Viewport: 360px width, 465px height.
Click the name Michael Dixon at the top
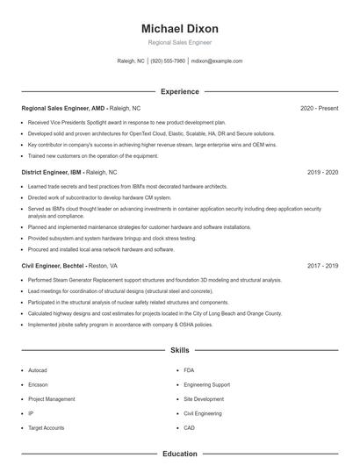click(180, 29)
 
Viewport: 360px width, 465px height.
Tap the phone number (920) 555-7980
click(168, 61)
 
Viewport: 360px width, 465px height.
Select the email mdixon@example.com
click(217, 61)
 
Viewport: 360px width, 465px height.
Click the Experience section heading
click(180, 91)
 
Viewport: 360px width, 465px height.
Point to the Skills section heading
click(180, 349)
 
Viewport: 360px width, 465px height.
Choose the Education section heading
click(180, 454)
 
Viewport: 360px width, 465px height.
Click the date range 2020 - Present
click(319, 108)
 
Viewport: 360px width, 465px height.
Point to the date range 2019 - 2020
click(322, 173)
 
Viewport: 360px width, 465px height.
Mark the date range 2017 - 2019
click(322, 265)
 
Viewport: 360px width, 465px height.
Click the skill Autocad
click(37, 370)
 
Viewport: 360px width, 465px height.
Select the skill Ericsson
click(38, 384)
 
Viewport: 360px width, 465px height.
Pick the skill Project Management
click(51, 398)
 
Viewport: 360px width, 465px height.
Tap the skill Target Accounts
click(46, 427)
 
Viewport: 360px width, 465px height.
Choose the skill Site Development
click(203, 398)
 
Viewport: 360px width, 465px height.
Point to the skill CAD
click(189, 427)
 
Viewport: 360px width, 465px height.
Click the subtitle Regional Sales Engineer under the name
click(180, 42)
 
